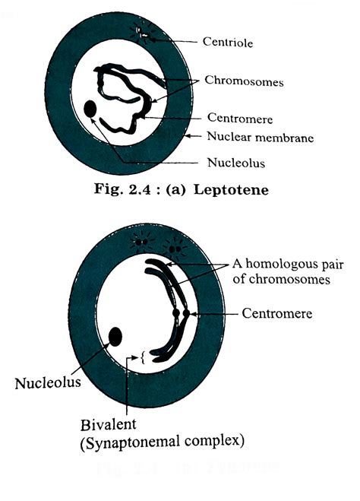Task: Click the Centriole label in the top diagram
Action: point(229,43)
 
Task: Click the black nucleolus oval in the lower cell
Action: point(116,337)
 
